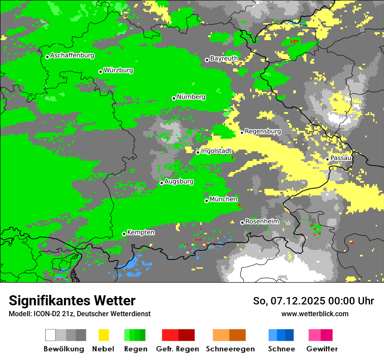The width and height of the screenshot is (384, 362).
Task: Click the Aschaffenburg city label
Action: click(x=72, y=56)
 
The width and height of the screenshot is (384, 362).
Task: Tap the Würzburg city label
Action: click(x=118, y=71)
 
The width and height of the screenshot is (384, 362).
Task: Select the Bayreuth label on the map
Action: click(x=224, y=58)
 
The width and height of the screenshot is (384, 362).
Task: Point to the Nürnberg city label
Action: click(x=191, y=97)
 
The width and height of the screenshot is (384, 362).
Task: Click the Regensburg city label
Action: click(x=263, y=131)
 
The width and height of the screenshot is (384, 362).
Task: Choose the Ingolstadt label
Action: click(x=216, y=151)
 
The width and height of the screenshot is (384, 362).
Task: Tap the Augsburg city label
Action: click(x=179, y=182)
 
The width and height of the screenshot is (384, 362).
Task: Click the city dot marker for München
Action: click(x=206, y=201)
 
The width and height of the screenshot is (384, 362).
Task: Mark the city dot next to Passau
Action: click(x=327, y=159)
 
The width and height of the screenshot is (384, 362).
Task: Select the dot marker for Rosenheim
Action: click(x=242, y=222)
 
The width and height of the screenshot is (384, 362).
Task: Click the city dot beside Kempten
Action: click(x=124, y=234)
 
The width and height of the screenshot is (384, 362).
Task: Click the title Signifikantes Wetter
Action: click(x=72, y=301)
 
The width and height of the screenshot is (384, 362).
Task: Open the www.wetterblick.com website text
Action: click(x=315, y=314)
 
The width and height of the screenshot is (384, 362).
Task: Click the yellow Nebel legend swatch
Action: click(x=103, y=335)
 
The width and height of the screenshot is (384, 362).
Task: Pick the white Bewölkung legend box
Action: click(x=51, y=335)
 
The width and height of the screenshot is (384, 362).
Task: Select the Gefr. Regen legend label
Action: click(x=178, y=349)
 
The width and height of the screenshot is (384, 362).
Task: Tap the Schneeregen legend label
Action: click(x=230, y=349)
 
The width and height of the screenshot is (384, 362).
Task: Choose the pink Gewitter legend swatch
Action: click(x=315, y=335)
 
